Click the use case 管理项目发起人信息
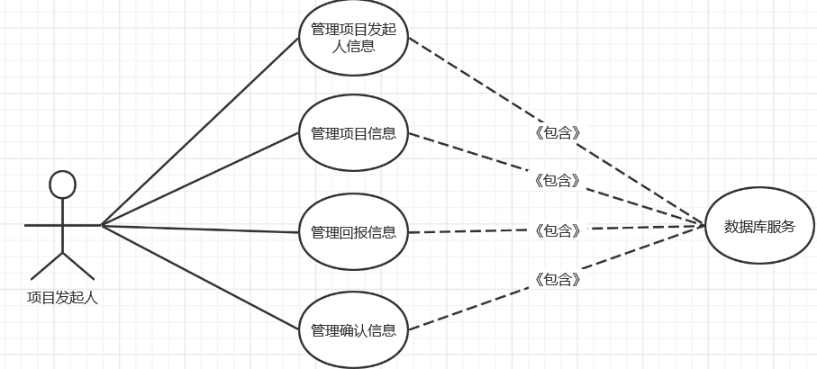pyautogui.click(x=353, y=38)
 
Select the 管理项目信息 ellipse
pyautogui.click(x=353, y=134)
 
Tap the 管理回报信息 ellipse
pyautogui.click(x=353, y=232)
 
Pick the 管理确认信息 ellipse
pyautogui.click(x=353, y=329)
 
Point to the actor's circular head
pyautogui.click(x=62, y=184)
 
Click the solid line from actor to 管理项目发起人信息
pyautogui.click(x=198, y=131)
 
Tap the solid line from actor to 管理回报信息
pyautogui.click(x=198, y=228)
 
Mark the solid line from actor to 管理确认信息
pyautogui.click(x=198, y=275)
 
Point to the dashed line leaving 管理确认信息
pyautogui.click(x=468, y=310)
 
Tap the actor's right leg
pyautogui.click(x=78, y=265)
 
